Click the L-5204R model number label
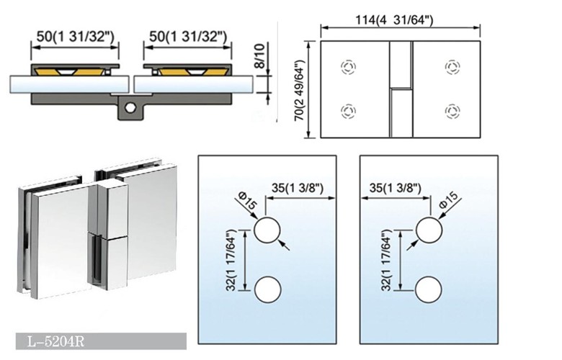tap(56, 342)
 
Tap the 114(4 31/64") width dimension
tap(395, 19)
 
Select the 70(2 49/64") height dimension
tap(299, 90)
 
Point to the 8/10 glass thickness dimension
tap(260, 56)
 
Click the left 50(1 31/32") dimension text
tap(75, 36)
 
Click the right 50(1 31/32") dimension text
tap(187, 36)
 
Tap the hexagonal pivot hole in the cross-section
tap(130, 107)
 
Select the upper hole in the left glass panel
tap(267, 230)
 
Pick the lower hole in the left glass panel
tap(267, 289)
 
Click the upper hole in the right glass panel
tap(429, 230)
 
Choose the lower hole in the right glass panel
tap(429, 289)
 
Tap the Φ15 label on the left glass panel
tap(248, 202)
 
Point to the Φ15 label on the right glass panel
tap(448, 200)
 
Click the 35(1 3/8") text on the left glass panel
tap(298, 187)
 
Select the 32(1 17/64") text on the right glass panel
tap(385, 261)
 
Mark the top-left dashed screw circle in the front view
tap(348, 67)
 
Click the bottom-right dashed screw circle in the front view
tap(452, 111)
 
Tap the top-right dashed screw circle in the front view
tap(452, 67)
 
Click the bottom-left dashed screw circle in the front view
tap(348, 111)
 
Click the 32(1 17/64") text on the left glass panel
tap(231, 261)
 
